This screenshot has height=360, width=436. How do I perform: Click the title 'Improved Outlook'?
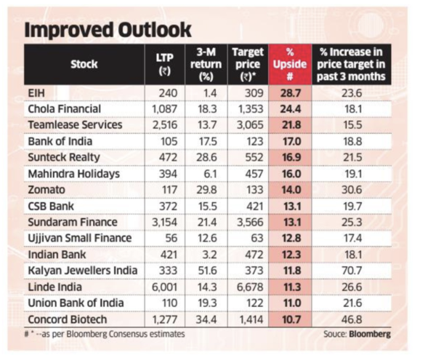point(108,30)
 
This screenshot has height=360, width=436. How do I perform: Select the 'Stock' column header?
point(84,64)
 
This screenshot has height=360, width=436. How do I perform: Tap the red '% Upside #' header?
point(290,64)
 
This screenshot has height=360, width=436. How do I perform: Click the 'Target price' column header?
point(248,64)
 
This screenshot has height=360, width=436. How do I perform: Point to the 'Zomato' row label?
point(47,190)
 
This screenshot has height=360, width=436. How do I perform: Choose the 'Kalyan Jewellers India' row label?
point(83,271)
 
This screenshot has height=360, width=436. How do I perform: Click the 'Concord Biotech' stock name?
point(68,319)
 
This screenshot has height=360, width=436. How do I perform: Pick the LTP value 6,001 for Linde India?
point(164,287)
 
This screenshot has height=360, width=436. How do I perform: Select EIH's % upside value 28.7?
point(291,93)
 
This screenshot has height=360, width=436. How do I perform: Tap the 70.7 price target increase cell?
point(352,271)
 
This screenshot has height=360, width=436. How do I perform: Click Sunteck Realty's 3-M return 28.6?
point(206,158)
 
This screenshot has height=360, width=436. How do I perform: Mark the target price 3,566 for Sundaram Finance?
point(250,223)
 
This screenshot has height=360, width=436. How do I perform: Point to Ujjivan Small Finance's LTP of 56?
point(171,238)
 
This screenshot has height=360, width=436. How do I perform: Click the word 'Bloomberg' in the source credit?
point(370,334)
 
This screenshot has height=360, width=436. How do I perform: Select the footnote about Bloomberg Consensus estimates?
point(105,334)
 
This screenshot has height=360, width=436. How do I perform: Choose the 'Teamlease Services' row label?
point(75,125)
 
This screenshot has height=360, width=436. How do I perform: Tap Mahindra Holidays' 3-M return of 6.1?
point(210,174)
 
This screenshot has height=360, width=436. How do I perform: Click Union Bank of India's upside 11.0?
point(291,303)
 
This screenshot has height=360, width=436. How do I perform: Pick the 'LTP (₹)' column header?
point(165,64)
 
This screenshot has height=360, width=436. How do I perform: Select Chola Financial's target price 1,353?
point(250,109)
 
